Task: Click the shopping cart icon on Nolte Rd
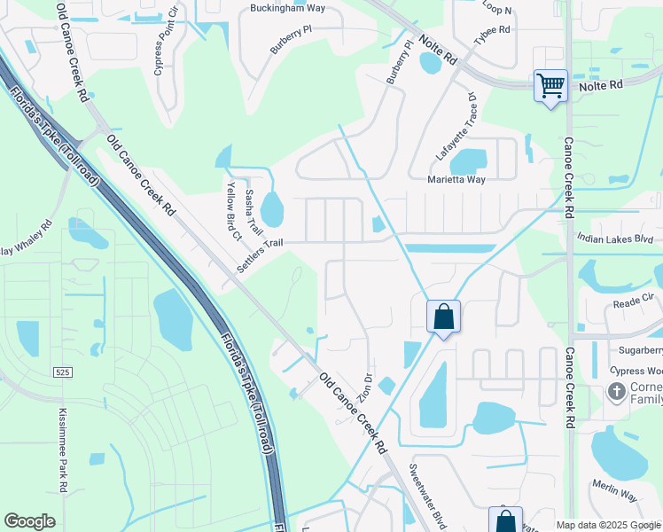551,87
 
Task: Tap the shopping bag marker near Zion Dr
443,317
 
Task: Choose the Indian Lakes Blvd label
614,239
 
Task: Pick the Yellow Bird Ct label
233,212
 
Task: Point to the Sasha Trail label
254,212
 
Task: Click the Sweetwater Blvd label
425,496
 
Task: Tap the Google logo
30,521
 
